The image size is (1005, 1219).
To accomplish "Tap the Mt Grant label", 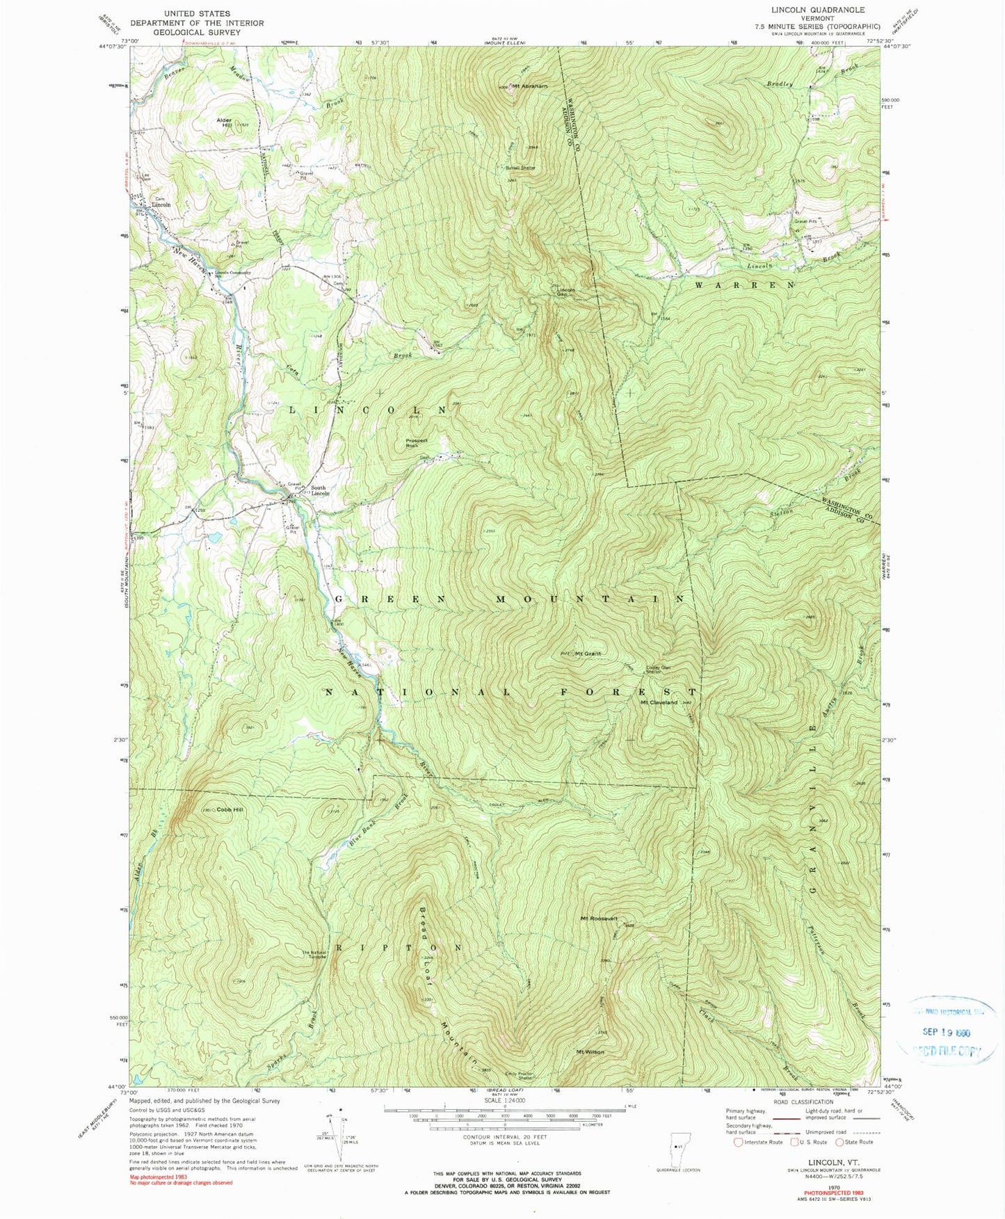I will [587, 654].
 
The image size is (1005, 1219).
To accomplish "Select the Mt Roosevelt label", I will [600, 919].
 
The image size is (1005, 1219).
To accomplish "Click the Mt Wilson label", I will [590, 1052].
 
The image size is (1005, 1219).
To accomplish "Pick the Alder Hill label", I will [224, 122].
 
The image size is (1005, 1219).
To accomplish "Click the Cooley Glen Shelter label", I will [659, 669].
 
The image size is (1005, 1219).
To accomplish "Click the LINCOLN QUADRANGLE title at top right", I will [812, 10].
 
